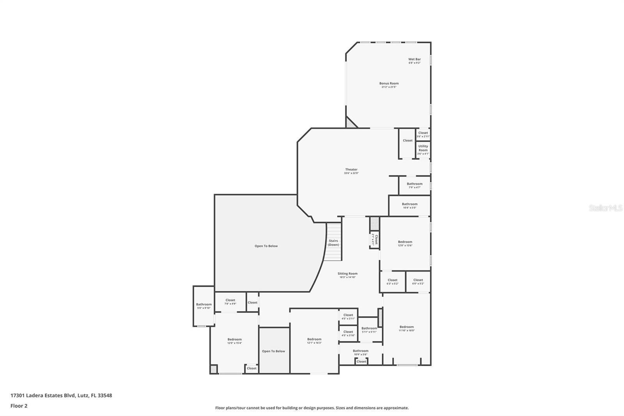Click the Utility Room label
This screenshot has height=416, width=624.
[423, 148]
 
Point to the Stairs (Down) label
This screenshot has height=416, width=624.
[333, 243]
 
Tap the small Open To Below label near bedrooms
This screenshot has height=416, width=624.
[273, 351]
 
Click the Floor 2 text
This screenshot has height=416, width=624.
[19, 406]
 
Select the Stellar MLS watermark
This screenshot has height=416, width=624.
[605, 208]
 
